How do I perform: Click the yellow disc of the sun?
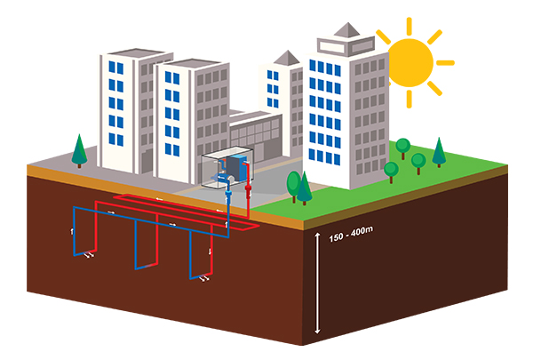pyautogui.click(x=410, y=60)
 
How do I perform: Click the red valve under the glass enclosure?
pyautogui.click(x=248, y=190)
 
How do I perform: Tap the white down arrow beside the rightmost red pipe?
pyautogui.click(x=210, y=252)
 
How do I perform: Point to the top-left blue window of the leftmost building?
pyautogui.click(x=110, y=68)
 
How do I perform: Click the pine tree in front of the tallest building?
pyautogui.click(x=304, y=187)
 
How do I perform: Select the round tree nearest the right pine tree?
pyautogui.click(x=418, y=161)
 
